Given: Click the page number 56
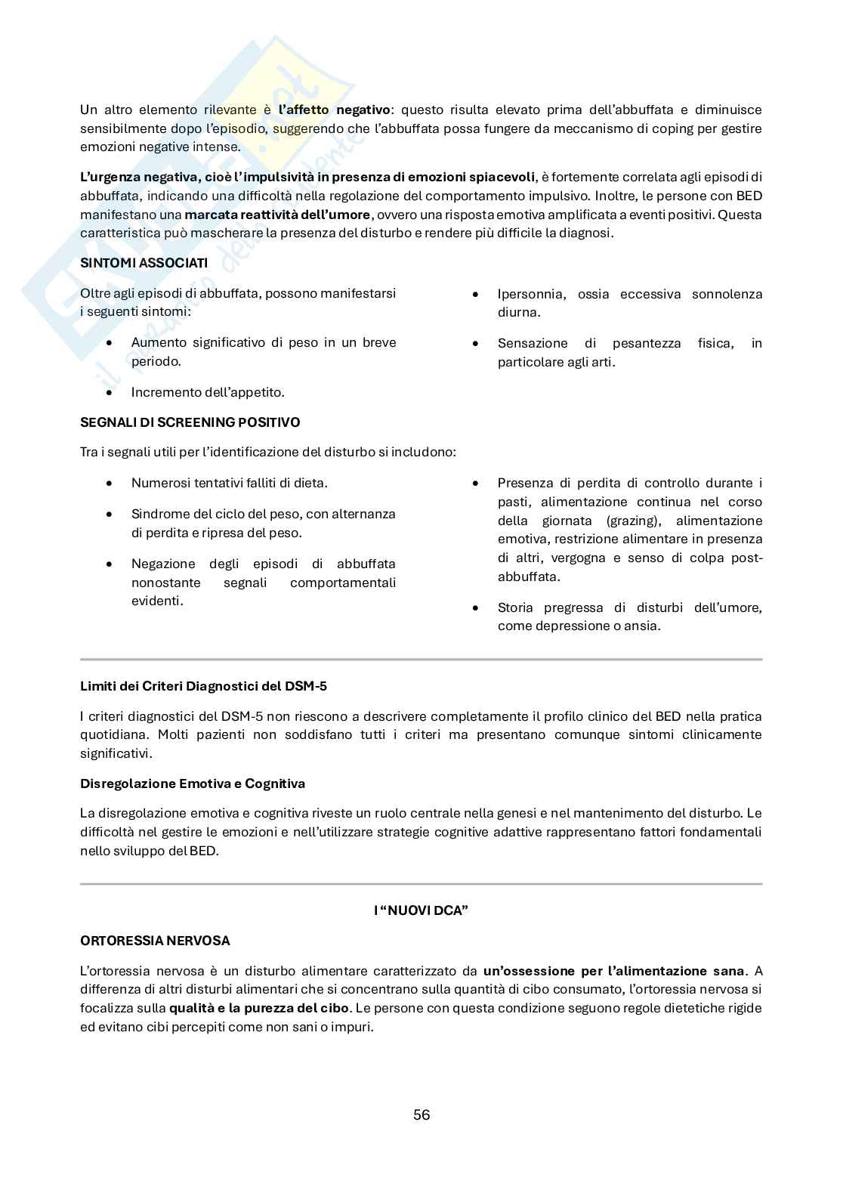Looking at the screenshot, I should [421, 1114].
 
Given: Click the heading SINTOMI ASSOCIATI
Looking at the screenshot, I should [144, 263].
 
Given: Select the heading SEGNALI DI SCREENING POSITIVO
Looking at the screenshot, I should [190, 422].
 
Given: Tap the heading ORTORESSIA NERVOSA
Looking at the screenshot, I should [155, 941].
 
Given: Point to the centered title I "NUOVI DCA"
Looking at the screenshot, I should [421, 910].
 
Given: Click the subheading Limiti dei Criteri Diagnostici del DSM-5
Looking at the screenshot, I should [203, 686].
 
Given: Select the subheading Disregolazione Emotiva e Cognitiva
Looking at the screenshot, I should [193, 783].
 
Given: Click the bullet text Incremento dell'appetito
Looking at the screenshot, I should [208, 392].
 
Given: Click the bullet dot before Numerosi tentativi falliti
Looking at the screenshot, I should [111, 483].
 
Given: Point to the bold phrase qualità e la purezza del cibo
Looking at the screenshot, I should [259, 1008].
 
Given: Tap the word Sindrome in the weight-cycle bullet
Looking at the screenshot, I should [157, 514].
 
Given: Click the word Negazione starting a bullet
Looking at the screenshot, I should [162, 564].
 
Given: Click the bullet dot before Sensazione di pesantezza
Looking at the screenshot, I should [476, 344].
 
